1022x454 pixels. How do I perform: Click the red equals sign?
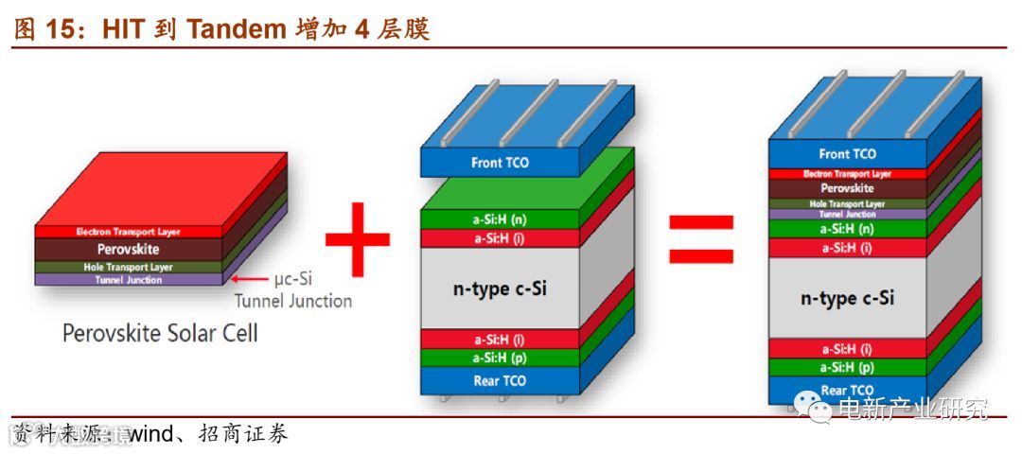(x=700, y=237)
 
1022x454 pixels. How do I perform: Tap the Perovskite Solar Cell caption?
(x=160, y=334)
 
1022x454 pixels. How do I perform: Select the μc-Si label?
(x=293, y=280)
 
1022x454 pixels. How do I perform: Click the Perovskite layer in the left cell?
(x=128, y=250)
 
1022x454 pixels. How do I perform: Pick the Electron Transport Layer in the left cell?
(x=128, y=232)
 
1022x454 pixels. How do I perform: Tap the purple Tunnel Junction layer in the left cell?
(x=128, y=280)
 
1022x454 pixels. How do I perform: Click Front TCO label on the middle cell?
(x=500, y=163)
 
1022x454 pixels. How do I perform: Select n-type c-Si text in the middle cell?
(x=500, y=288)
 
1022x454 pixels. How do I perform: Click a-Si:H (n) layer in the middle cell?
(x=500, y=219)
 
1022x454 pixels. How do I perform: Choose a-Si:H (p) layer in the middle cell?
(x=500, y=358)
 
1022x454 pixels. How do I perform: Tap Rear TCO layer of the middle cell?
(x=500, y=381)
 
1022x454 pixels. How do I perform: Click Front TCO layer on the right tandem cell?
(x=847, y=154)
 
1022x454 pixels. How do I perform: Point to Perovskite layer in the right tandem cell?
(x=847, y=188)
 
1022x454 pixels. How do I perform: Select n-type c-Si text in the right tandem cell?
(x=847, y=299)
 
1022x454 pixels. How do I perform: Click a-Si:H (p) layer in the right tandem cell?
(x=847, y=368)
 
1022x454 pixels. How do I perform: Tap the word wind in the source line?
(x=149, y=434)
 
